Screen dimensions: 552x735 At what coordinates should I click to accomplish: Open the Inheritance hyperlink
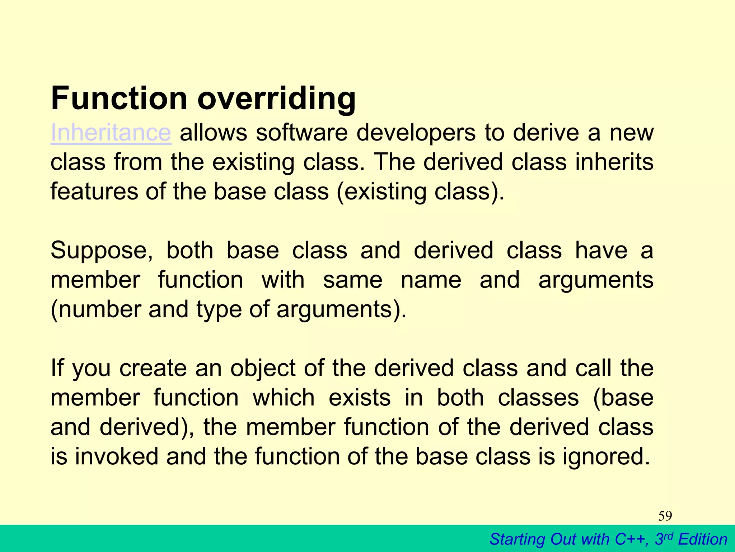point(111,133)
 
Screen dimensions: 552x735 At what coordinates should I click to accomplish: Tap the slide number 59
point(665,516)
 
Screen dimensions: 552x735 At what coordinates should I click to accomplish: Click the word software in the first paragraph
point(302,133)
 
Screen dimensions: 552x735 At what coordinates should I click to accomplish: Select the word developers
point(416,133)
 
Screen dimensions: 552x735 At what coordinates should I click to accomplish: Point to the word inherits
point(614,162)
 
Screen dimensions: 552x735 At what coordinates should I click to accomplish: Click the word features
point(94,191)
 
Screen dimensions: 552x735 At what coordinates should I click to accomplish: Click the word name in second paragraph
point(431,280)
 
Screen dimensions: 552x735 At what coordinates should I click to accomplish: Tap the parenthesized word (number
point(95,309)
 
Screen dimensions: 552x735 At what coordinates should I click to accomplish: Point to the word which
point(284,398)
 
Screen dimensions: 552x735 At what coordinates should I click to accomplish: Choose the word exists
point(360,398)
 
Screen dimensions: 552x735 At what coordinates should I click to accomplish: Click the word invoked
point(116,456)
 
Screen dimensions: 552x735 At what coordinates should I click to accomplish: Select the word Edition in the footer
point(703,539)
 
